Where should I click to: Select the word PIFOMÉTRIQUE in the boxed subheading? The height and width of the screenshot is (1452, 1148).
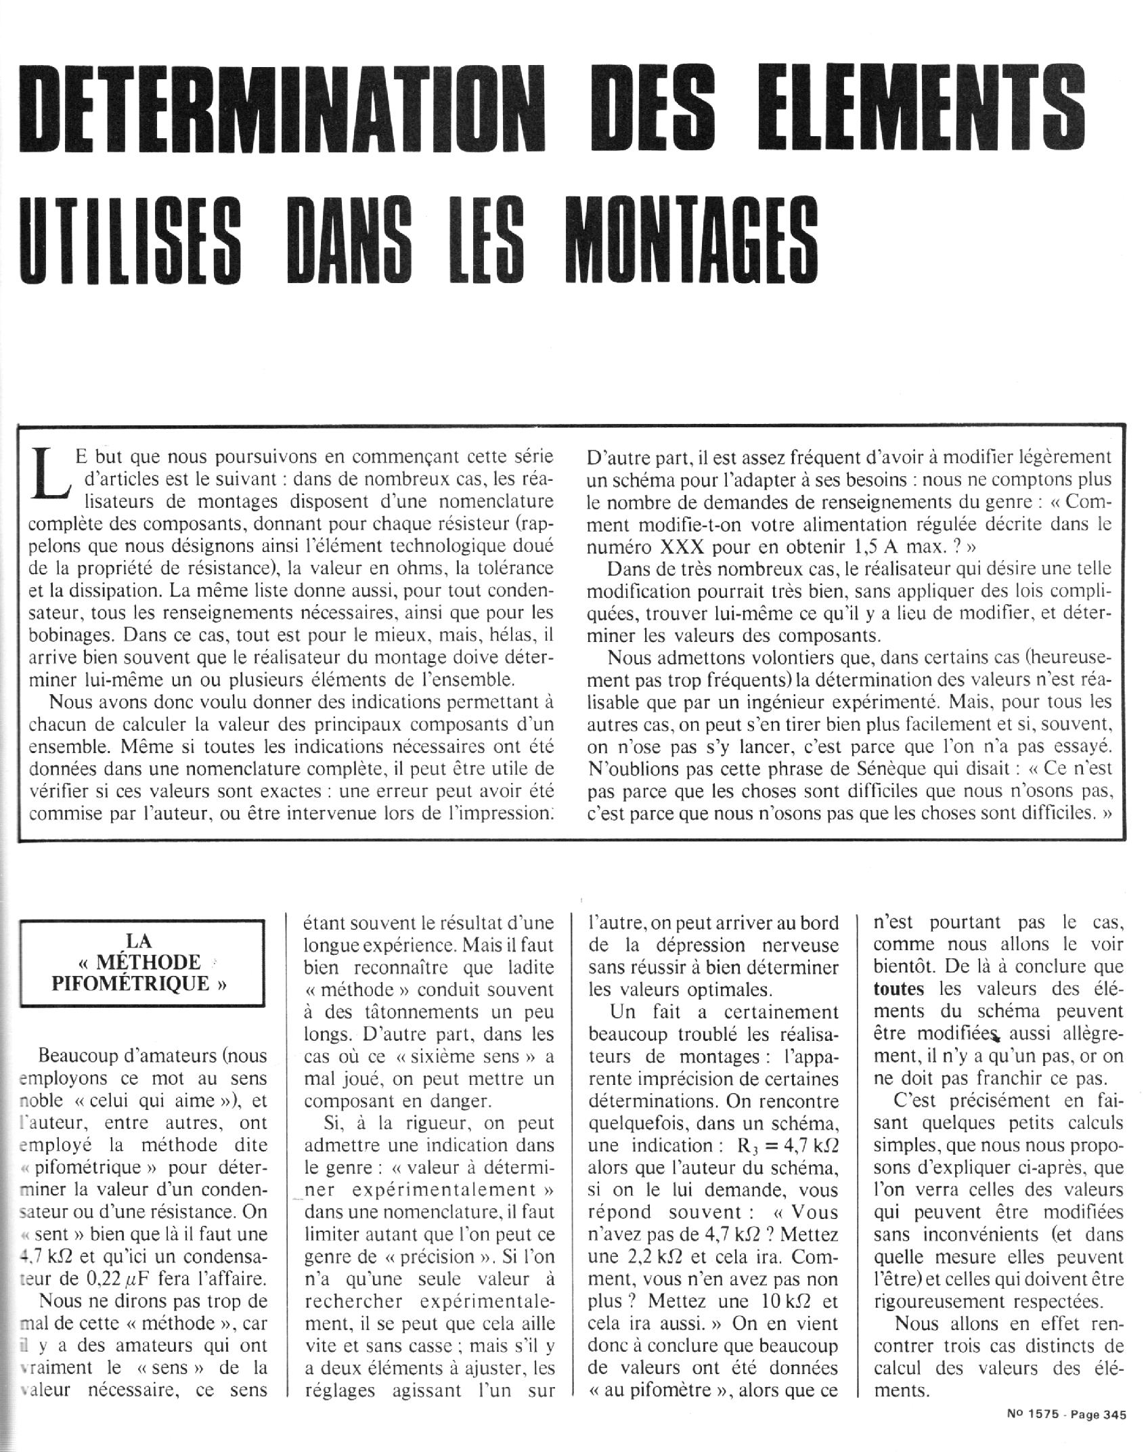pos(139,983)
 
